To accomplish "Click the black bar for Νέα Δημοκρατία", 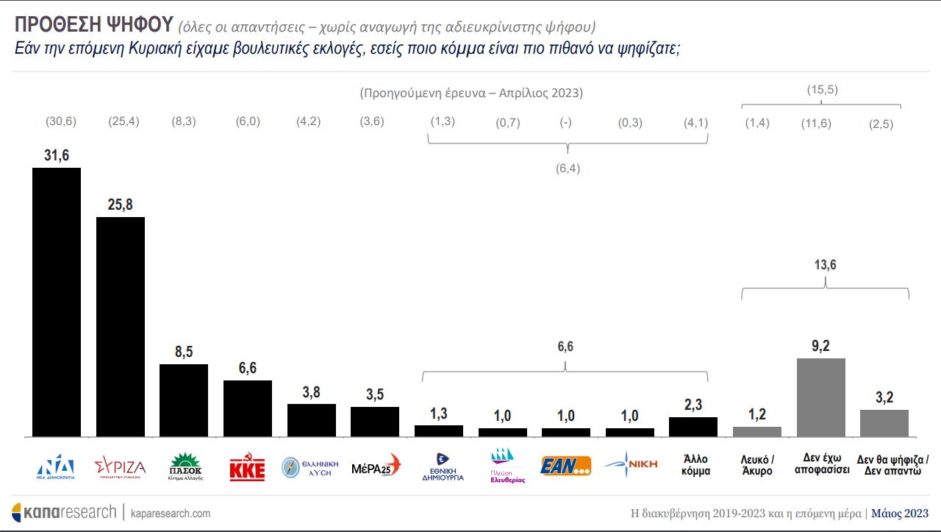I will [x=57, y=302].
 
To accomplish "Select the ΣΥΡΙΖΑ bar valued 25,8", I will [x=121, y=327].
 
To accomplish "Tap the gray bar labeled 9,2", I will [x=821, y=397].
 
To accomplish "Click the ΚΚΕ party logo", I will [x=247, y=467].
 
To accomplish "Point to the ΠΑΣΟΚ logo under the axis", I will [x=185, y=467].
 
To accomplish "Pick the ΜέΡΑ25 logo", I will [x=376, y=466].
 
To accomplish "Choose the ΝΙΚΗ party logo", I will [x=629, y=465].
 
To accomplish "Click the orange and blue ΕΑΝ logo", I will [x=565, y=466].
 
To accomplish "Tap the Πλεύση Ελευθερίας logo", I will [x=508, y=467].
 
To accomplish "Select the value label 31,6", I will [x=57, y=155].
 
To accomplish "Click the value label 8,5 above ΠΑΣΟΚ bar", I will [x=184, y=352].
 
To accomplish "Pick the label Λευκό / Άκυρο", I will [x=757, y=465].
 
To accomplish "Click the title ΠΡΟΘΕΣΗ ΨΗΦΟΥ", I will [x=93, y=25].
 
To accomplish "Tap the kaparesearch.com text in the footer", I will [x=171, y=513].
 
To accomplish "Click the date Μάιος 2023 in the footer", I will [x=900, y=513].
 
